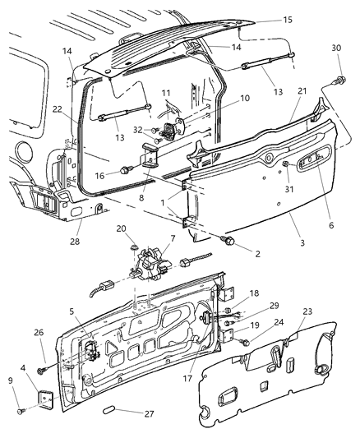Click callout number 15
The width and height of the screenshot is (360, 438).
287,19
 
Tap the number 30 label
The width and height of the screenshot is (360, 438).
335,48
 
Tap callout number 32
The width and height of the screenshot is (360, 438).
139,130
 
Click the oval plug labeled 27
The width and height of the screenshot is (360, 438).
115,408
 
